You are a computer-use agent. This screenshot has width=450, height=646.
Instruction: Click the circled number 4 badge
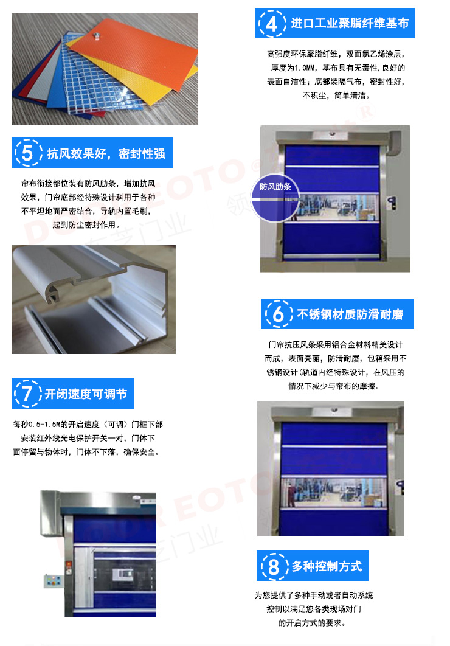pyautogui.click(x=272, y=24)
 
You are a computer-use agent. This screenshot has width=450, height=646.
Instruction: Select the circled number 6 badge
pyautogui.click(x=279, y=314)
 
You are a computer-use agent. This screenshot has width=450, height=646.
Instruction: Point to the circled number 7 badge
pyautogui.click(x=27, y=394)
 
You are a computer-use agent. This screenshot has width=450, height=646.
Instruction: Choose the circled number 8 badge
pyautogui.click(x=273, y=566)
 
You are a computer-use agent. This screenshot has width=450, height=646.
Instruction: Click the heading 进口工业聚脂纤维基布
pyautogui.click(x=350, y=23)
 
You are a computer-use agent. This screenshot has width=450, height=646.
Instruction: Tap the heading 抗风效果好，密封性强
pyautogui.click(x=106, y=153)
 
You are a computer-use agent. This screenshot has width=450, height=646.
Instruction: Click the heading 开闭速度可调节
pyautogui.click(x=86, y=394)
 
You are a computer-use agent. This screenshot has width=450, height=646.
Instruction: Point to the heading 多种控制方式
pyautogui.click(x=327, y=566)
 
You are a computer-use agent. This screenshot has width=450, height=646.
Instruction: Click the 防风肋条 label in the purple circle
pyautogui.click(x=275, y=187)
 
